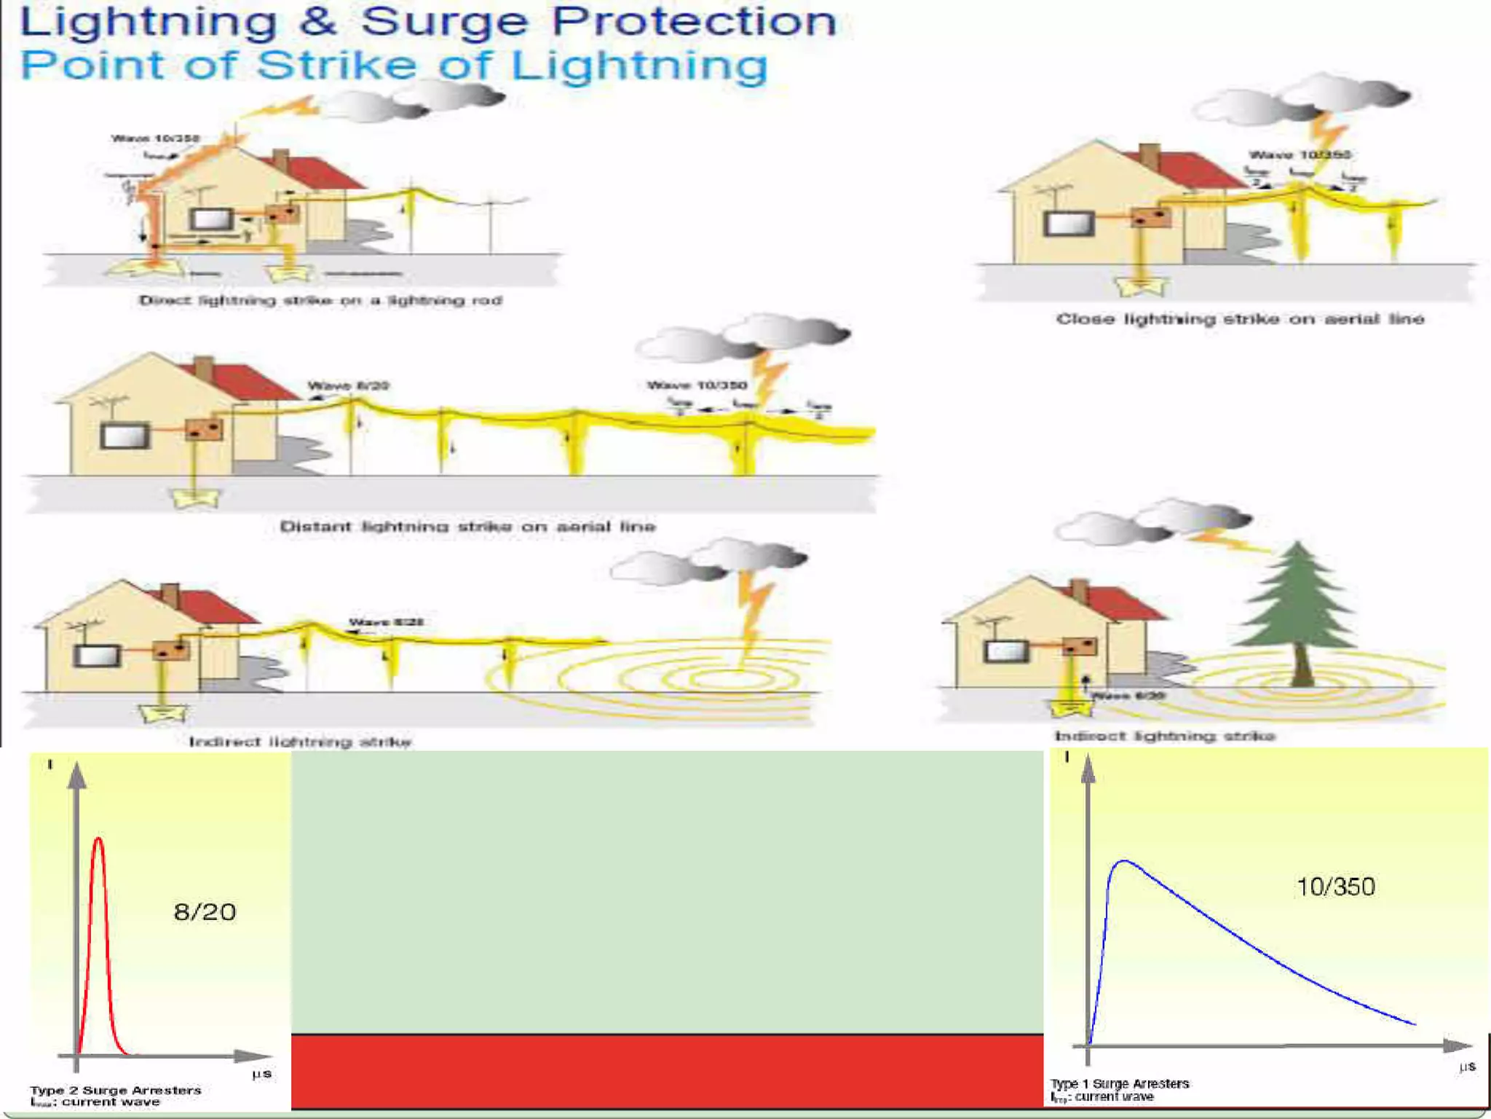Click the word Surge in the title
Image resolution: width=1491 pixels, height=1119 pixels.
[444, 22]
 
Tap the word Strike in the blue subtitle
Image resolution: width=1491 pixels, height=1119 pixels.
[336, 66]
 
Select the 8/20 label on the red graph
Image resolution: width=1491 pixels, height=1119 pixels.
[205, 911]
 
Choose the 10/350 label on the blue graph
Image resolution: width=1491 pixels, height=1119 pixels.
[1335, 887]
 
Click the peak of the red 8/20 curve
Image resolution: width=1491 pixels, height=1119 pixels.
[98, 840]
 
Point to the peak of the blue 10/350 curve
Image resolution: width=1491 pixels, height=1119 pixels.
[1124, 862]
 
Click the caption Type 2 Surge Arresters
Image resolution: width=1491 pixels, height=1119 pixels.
[116, 1090]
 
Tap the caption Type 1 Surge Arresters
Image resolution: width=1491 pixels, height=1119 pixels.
[1119, 1083]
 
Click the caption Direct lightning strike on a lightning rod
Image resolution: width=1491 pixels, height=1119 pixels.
[320, 300]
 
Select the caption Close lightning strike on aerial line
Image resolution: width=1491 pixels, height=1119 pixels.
[1240, 319]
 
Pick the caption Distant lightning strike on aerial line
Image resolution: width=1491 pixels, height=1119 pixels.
[467, 526]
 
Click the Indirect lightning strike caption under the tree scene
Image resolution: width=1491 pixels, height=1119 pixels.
[1164, 736]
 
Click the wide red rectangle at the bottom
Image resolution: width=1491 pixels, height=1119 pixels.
[667, 1071]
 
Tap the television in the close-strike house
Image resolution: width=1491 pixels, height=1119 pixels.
[1069, 223]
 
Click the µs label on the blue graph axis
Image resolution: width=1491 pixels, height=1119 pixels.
[1467, 1067]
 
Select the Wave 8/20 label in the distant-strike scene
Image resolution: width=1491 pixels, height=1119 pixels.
[348, 385]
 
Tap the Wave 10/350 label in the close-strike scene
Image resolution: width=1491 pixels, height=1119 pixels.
[1300, 154]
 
